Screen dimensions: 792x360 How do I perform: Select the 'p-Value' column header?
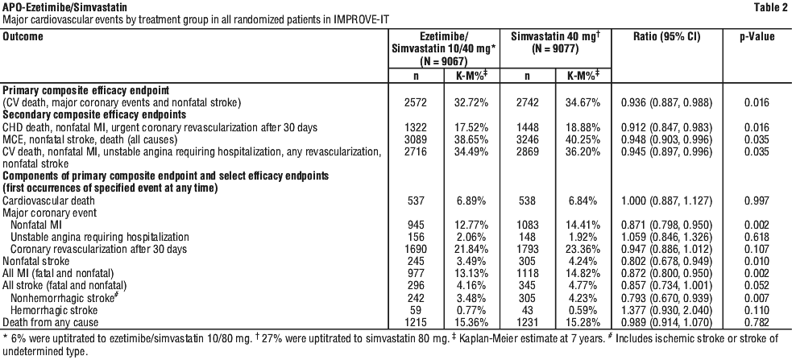pos(757,37)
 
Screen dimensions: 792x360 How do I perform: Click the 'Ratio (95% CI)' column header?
pos(667,37)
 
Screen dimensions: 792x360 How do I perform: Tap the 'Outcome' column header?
pos(23,37)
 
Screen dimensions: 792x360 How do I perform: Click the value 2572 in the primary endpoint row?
pos(417,103)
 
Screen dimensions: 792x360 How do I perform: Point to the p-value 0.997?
pos(757,201)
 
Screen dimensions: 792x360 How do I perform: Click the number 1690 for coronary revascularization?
pos(417,250)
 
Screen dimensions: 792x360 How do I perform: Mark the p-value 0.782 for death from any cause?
pos(757,322)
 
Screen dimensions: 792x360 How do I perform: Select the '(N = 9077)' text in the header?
pos(556,49)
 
